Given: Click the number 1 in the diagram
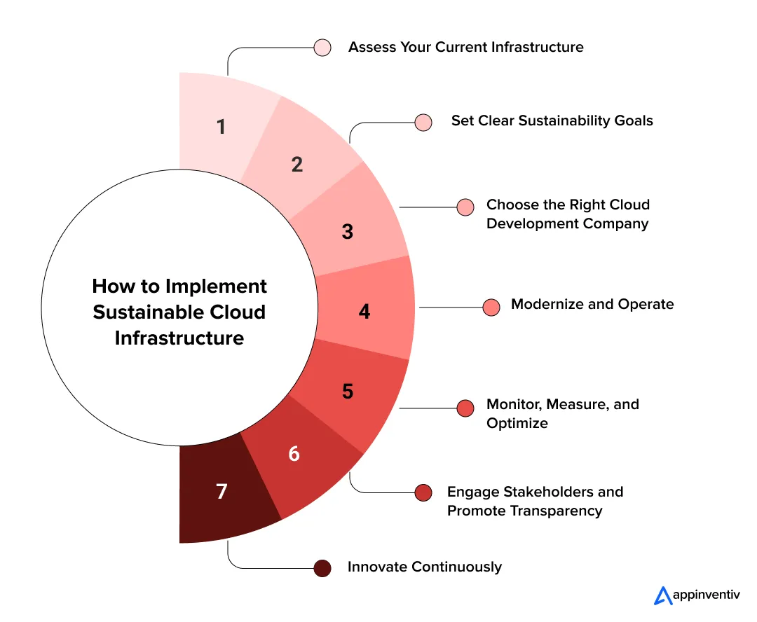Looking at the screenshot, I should click(x=221, y=127).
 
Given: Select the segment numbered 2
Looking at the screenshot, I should click(x=297, y=165).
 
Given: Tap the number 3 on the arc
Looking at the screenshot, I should click(x=348, y=232).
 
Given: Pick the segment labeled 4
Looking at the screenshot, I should click(x=364, y=311).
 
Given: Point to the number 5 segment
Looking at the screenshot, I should click(x=348, y=391).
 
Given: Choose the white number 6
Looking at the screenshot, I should click(x=294, y=454).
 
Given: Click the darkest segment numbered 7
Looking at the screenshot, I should click(x=221, y=492).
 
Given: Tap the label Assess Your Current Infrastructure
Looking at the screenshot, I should click(x=465, y=48).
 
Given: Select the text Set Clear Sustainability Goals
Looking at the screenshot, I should click(x=552, y=121).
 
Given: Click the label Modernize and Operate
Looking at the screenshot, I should click(x=592, y=305).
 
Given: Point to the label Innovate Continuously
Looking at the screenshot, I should click(x=424, y=567).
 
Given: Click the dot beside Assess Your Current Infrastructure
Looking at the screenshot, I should click(x=322, y=48).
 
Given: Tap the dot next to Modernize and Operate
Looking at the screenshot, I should click(x=491, y=307).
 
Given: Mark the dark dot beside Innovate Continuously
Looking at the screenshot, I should click(x=322, y=568).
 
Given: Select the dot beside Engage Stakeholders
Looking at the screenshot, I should click(x=423, y=492).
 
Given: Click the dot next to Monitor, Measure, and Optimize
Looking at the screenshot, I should click(x=465, y=408).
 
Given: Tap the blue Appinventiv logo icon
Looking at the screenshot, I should click(x=662, y=595).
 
